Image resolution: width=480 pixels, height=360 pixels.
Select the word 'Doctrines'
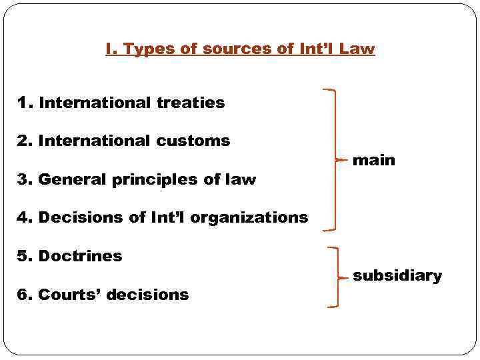pyautogui.click(x=80, y=256)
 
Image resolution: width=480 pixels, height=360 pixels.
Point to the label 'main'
pyautogui.click(x=373, y=160)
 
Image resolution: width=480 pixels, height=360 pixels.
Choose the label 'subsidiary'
pyautogui.click(x=397, y=276)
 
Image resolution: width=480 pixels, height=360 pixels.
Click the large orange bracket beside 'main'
pyautogui.click(x=333, y=160)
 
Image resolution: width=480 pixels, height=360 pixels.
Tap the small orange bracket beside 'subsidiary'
pyautogui.click(x=336, y=277)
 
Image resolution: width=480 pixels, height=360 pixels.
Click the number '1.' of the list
pyautogui.click(x=25, y=103)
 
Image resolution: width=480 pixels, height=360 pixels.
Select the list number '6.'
pyautogui.click(x=25, y=295)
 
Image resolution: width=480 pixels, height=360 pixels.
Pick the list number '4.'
pyautogui.click(x=25, y=217)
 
